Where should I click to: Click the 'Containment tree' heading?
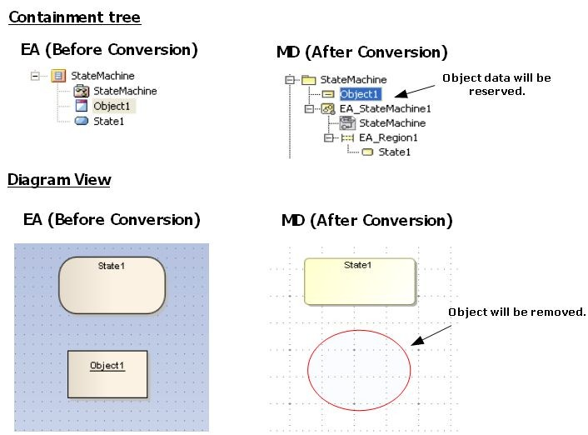pos(74,17)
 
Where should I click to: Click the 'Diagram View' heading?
pos(58,179)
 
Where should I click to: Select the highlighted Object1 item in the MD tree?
pos(360,94)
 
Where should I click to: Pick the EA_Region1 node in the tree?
pos(388,137)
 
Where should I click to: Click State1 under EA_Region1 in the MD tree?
pos(394,152)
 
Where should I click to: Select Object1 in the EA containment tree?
pos(112,106)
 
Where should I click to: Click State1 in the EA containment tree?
pos(108,121)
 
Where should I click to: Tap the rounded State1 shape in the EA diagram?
pos(112,285)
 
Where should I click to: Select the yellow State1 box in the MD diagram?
pos(359,282)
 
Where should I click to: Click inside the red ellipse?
pos(359,371)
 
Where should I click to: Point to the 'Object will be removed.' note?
pos(517,312)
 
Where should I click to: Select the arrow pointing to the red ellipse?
pos(430,333)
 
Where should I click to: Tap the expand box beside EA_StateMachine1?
pos(309,108)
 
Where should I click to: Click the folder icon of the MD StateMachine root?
pos(308,79)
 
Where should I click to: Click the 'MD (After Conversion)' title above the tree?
pos(361,52)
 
